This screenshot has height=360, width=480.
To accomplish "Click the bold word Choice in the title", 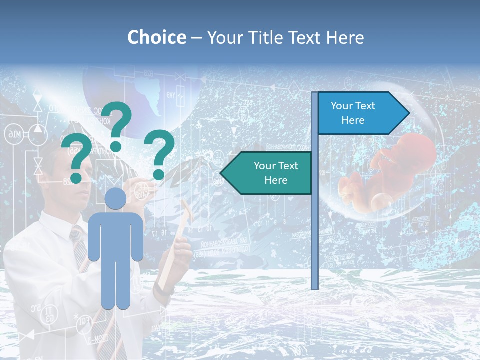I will (x=156, y=38).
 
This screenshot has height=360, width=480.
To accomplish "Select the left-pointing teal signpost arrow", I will (x=268, y=173).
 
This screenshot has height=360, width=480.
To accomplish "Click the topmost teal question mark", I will (x=117, y=125).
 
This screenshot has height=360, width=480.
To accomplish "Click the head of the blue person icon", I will (x=115, y=198).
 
